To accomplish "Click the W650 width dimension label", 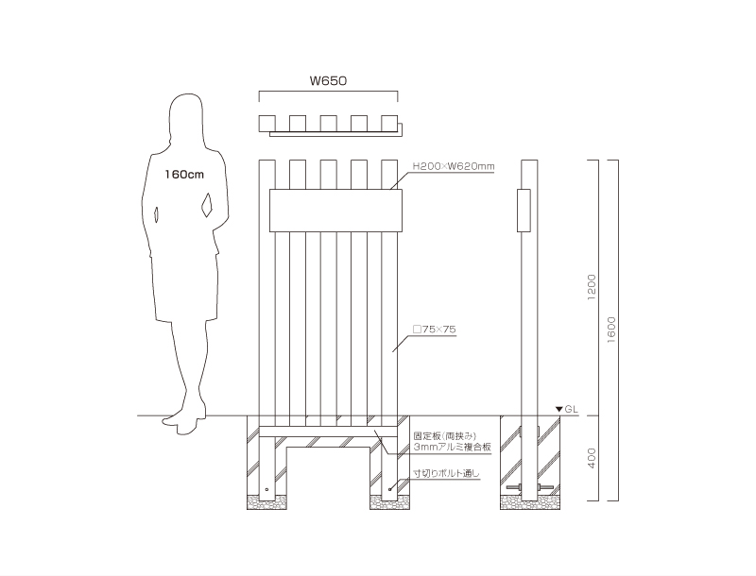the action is coord(328,80).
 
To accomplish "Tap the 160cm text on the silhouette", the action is coord(184,175).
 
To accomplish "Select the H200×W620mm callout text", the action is coord(454,166).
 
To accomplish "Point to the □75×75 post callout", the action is coord(435,330).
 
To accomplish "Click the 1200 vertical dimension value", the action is coord(593,287).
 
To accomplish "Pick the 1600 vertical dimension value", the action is coord(611,330).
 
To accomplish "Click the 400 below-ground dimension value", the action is coord(593,458).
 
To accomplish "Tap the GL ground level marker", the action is coord(567,410).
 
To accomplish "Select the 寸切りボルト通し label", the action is coord(446,473).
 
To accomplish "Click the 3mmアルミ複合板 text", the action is coord(453,447).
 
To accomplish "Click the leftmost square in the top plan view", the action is coord(267,124).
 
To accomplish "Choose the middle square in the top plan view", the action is coord(328,124).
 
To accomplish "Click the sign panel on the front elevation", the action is coord(335,211).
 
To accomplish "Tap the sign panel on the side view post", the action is coord(524,211).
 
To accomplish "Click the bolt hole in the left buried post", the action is coord(267,489).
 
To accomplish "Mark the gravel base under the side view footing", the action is coord(530,502).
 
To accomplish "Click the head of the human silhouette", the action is coord(186,115).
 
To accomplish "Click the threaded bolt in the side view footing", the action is coord(530,487).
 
